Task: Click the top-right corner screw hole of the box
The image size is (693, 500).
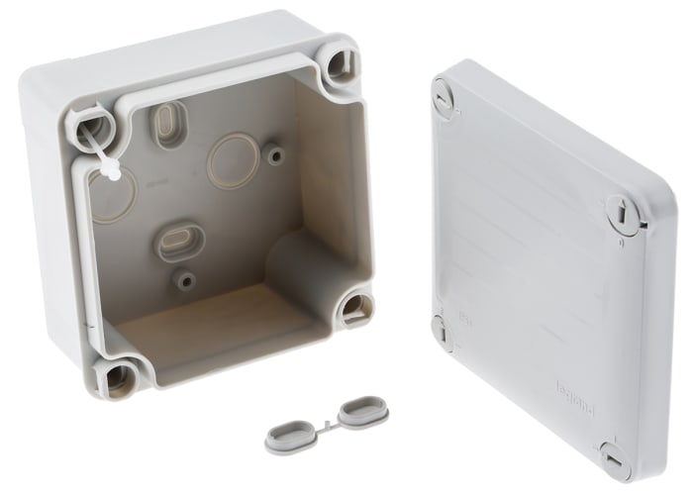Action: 340,63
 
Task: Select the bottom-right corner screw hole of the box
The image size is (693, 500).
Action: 354,310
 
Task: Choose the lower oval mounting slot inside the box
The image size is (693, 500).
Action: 179,241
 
